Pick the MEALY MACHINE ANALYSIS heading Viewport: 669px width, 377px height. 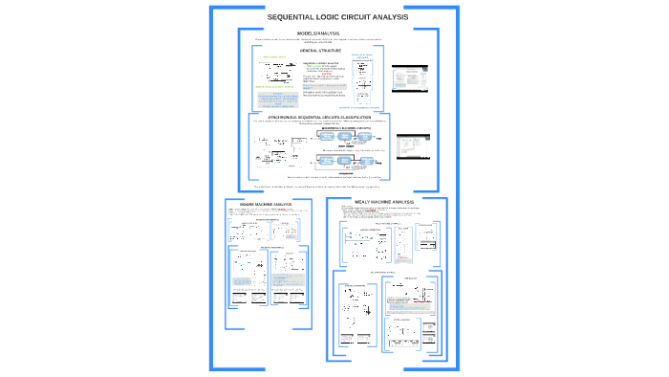pyautogui.click(x=384, y=202)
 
